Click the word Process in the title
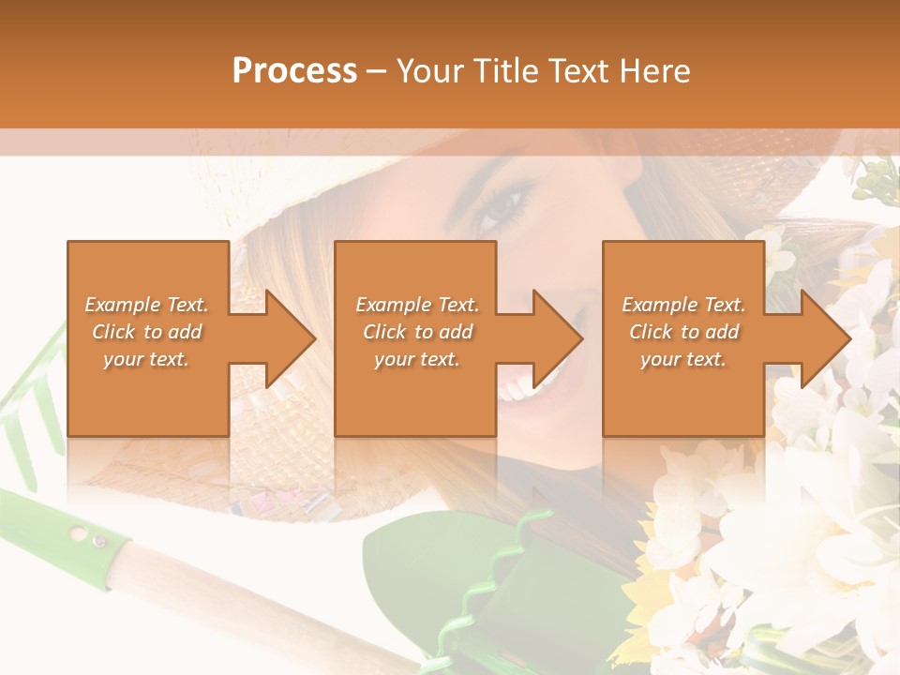click(x=294, y=70)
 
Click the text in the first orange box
click(x=146, y=332)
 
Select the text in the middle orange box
click(x=416, y=332)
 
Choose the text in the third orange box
click(x=683, y=332)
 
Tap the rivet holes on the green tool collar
click(x=87, y=537)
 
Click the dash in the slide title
click(x=376, y=71)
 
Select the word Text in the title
click(x=577, y=70)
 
